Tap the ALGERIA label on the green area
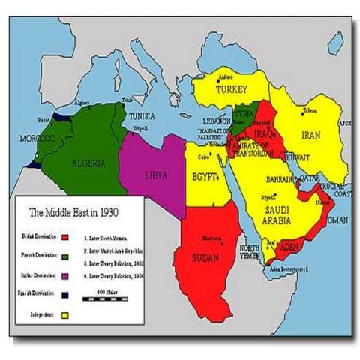88,163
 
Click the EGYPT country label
205,178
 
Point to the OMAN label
338,220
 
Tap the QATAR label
308,179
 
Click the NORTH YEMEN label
250,253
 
